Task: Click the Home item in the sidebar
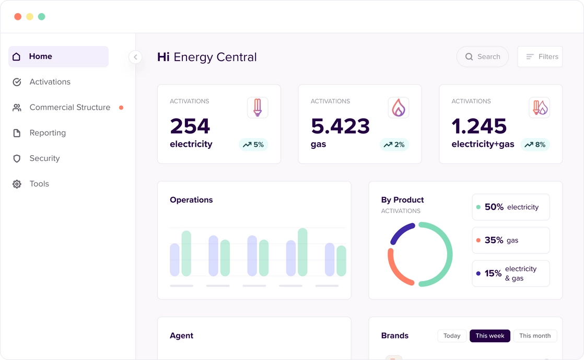tap(57, 56)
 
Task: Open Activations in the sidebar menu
tap(50, 82)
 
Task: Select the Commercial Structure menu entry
tap(69, 108)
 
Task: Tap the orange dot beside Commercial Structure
tap(121, 108)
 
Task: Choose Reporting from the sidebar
tap(48, 133)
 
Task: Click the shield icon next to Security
tap(17, 158)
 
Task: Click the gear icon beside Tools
tap(17, 184)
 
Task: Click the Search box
tap(483, 56)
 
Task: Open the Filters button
tap(540, 56)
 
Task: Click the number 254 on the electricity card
tap(190, 126)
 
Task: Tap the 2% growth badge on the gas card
tap(394, 145)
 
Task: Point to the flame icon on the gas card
tap(399, 108)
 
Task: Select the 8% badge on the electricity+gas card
tap(535, 145)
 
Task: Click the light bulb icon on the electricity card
tap(258, 108)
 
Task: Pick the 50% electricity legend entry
tap(511, 207)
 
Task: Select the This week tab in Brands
tap(490, 336)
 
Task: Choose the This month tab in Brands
tap(535, 336)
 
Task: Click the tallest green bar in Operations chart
tap(302, 252)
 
